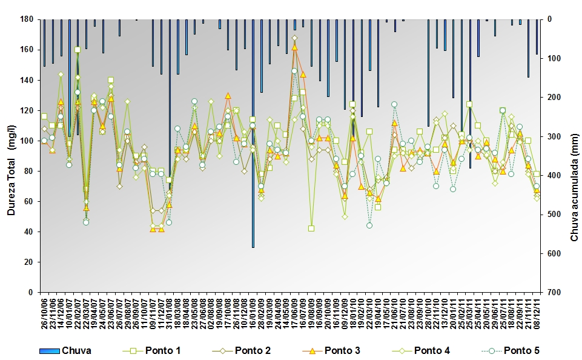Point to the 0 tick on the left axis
30,292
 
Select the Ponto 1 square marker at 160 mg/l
78,50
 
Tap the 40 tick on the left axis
27,232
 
